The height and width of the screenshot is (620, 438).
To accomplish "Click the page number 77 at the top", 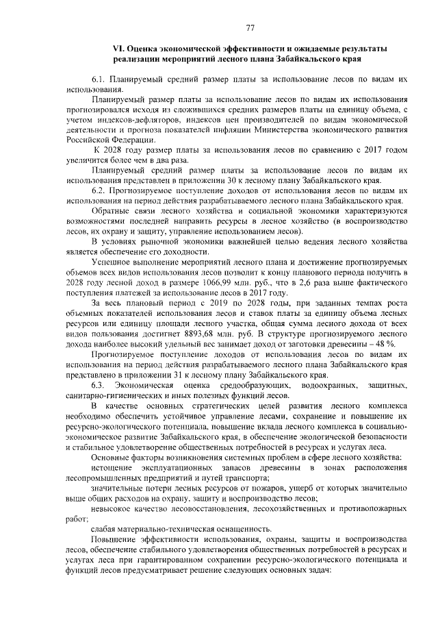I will point(250,27).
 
